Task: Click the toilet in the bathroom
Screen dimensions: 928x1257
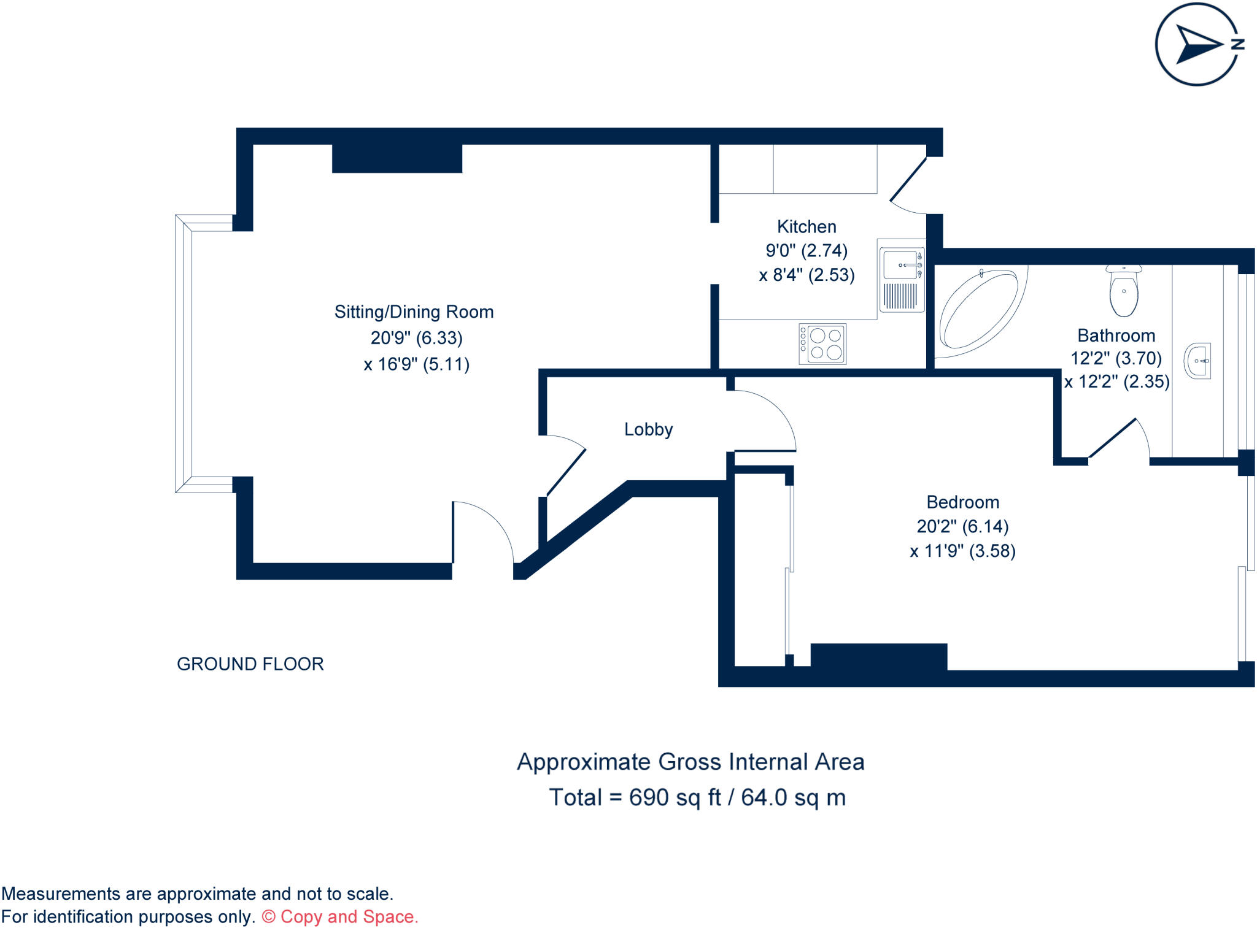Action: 1124,291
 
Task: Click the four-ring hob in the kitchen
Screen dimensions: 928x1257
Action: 822,344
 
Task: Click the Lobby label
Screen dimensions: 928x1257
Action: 648,429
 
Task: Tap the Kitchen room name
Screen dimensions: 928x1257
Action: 806,227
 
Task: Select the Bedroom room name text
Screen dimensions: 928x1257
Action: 962,502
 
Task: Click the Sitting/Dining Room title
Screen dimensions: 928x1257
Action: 414,312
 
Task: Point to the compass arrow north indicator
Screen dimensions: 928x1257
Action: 1197,44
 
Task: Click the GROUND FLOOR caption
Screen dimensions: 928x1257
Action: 250,664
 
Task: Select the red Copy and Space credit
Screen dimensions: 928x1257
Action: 341,916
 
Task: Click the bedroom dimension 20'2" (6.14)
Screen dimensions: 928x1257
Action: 962,526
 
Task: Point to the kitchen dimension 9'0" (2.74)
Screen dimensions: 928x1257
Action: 806,251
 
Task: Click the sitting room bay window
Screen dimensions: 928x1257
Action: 184,353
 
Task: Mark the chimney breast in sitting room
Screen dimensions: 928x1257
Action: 396,158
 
